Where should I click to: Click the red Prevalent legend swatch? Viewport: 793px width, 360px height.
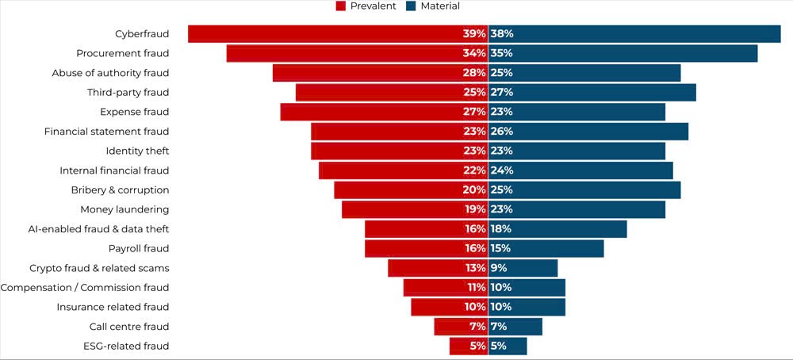[x=341, y=6]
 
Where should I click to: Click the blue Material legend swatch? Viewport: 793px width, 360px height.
[x=410, y=6]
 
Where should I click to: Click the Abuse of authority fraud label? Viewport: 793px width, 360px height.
[x=111, y=73]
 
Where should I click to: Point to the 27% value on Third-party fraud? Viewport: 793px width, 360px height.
[x=502, y=92]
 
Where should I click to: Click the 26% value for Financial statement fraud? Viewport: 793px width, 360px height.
[x=502, y=132]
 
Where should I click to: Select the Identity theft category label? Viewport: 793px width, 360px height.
[x=137, y=151]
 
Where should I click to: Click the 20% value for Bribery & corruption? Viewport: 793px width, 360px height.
[x=474, y=190]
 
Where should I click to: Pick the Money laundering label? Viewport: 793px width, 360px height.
[x=125, y=209]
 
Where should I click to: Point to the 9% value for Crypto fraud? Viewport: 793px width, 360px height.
[x=499, y=268]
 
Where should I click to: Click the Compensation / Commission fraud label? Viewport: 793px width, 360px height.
[x=85, y=288]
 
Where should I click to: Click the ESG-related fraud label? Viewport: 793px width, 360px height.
[x=126, y=346]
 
